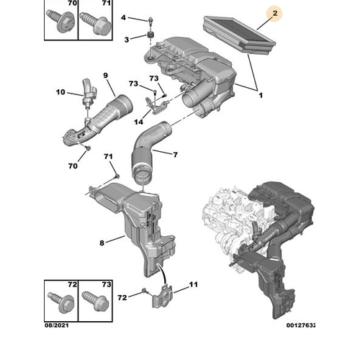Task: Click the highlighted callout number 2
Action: pyautogui.click(x=275, y=13)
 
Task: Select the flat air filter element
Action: pyautogui.click(x=240, y=35)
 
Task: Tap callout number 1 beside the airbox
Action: pyautogui.click(x=261, y=95)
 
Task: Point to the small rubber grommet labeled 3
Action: pyautogui.click(x=150, y=35)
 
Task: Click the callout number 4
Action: pyautogui.click(x=123, y=18)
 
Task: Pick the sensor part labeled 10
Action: pyautogui.click(x=89, y=92)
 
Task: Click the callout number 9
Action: pyautogui.click(x=106, y=76)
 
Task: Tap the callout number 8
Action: pyautogui.click(x=102, y=243)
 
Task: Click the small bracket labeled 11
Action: pyautogui.click(x=163, y=296)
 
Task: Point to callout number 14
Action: pyautogui.click(x=138, y=122)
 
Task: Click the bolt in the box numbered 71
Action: pyautogui.click(x=96, y=22)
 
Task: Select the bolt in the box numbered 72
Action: pyautogui.click(x=61, y=302)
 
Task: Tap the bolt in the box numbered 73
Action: pyautogui.click(x=95, y=302)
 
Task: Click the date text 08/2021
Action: pyautogui.click(x=57, y=325)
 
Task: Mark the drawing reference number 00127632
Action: pyautogui.click(x=300, y=325)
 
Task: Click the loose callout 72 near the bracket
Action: pyautogui.click(x=122, y=297)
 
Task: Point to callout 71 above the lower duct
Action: pyautogui.click(x=108, y=156)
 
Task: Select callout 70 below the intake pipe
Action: pyautogui.click(x=73, y=166)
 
